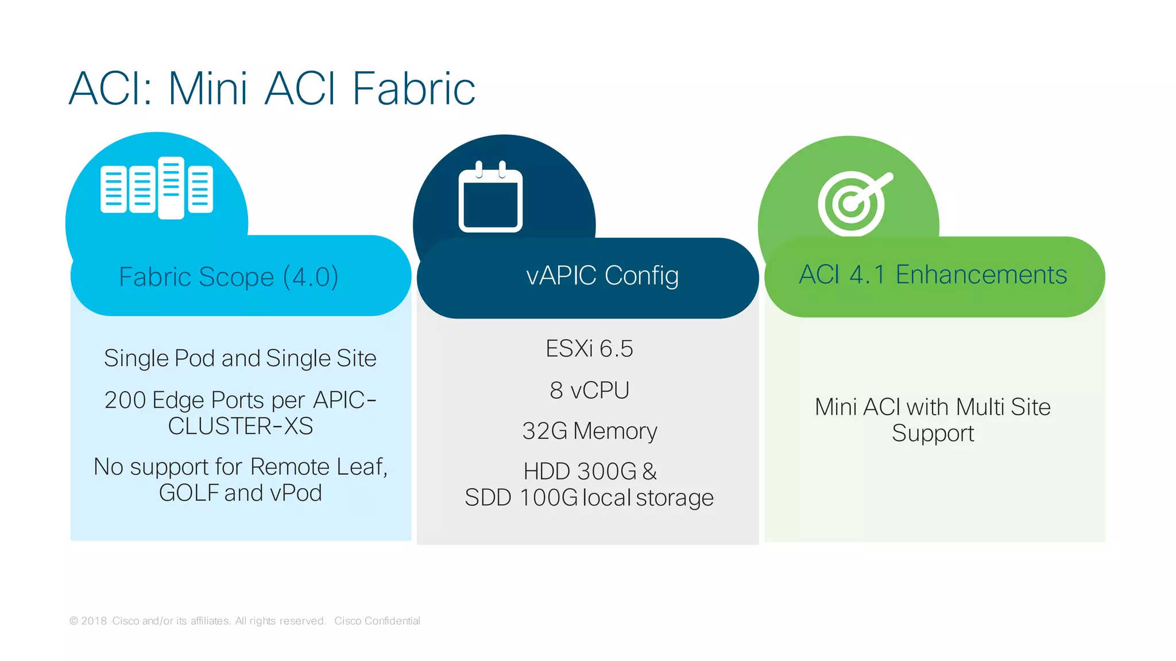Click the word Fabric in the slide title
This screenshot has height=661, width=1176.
413,89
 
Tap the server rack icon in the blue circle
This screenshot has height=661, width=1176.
157,188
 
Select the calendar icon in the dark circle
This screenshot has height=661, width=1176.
490,197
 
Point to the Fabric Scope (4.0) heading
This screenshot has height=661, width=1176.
229,277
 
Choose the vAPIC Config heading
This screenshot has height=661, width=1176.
602,276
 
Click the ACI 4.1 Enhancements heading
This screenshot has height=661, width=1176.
933,275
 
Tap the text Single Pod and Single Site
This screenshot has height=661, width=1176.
240,358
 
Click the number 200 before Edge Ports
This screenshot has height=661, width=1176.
125,400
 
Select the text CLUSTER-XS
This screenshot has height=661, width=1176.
241,426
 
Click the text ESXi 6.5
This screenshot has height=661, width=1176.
589,349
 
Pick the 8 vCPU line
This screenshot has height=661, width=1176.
589,391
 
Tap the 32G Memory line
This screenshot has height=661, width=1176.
589,431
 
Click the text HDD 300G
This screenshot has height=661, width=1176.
580,471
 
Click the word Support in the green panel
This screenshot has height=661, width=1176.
933,434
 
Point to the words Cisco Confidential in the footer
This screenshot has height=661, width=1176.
377,621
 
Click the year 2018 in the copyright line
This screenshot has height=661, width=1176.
94,621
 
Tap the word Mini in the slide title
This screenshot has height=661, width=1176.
208,89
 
